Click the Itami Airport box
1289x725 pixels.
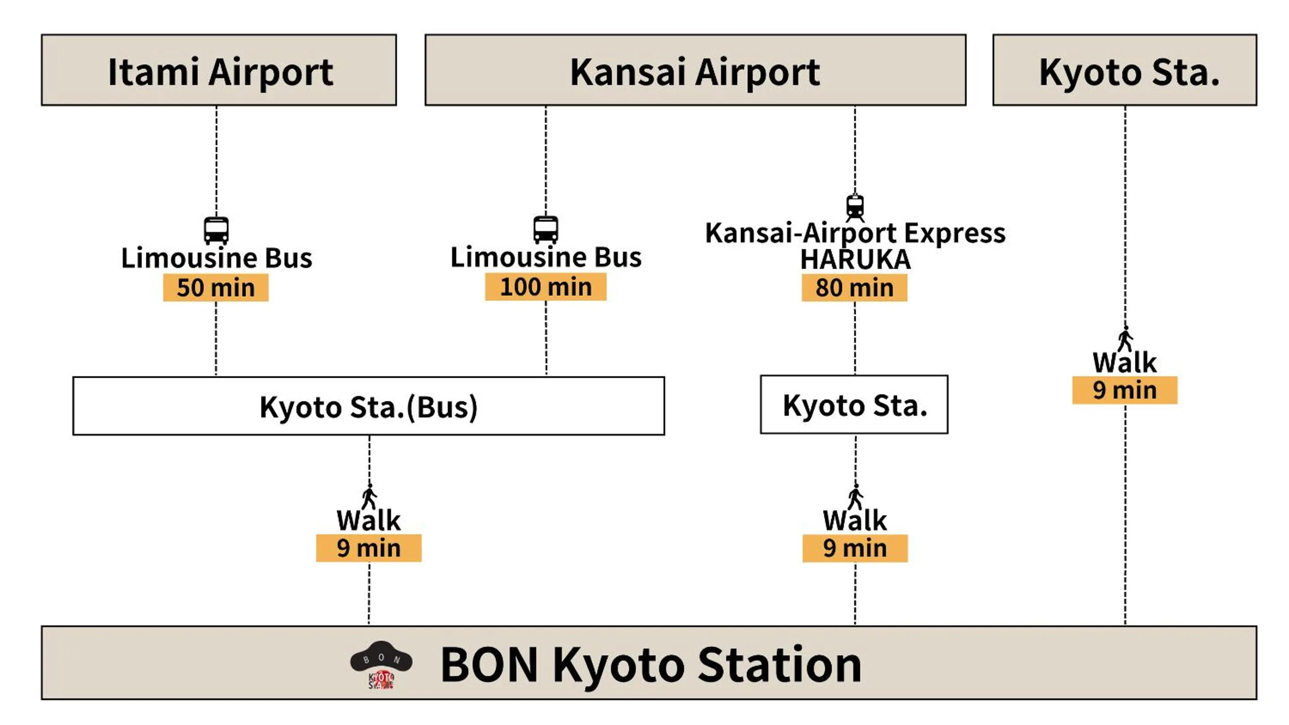pos(218,70)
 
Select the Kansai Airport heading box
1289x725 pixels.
pos(695,70)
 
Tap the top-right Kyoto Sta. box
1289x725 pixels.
pos(1124,70)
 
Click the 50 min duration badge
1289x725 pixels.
pos(216,287)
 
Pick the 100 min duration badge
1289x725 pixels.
pos(545,287)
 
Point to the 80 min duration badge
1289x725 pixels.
pos(854,287)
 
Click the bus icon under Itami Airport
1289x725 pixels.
pos(216,230)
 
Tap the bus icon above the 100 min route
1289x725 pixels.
pos(545,230)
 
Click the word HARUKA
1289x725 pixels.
pos(855,260)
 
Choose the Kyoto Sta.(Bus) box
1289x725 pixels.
pos(368,406)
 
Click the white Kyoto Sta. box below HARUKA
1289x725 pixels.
pos(854,405)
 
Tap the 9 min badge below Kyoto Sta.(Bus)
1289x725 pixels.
pos(368,548)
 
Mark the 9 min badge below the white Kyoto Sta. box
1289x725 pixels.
pos(855,548)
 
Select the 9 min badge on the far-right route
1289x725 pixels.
pos(1124,390)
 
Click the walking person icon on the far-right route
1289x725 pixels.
pos(1126,339)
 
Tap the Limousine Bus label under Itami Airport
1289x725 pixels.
pos(216,258)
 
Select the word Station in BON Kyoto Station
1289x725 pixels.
pos(779,665)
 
